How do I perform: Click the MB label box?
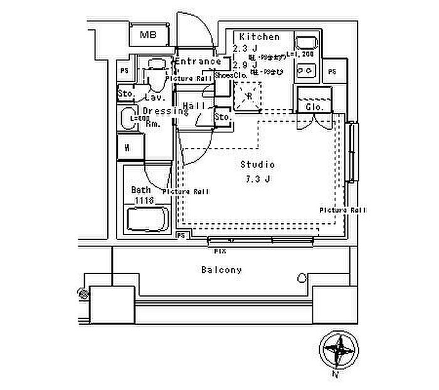(149, 35)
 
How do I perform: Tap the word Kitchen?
(255, 37)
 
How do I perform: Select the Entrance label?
(198, 61)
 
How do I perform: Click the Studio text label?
(258, 165)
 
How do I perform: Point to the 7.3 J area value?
(258, 179)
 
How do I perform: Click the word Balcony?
(221, 270)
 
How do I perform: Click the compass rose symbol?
(337, 348)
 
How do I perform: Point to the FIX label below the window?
(220, 250)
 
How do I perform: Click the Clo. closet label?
(314, 107)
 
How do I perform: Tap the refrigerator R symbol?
(248, 97)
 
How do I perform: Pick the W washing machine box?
(127, 148)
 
